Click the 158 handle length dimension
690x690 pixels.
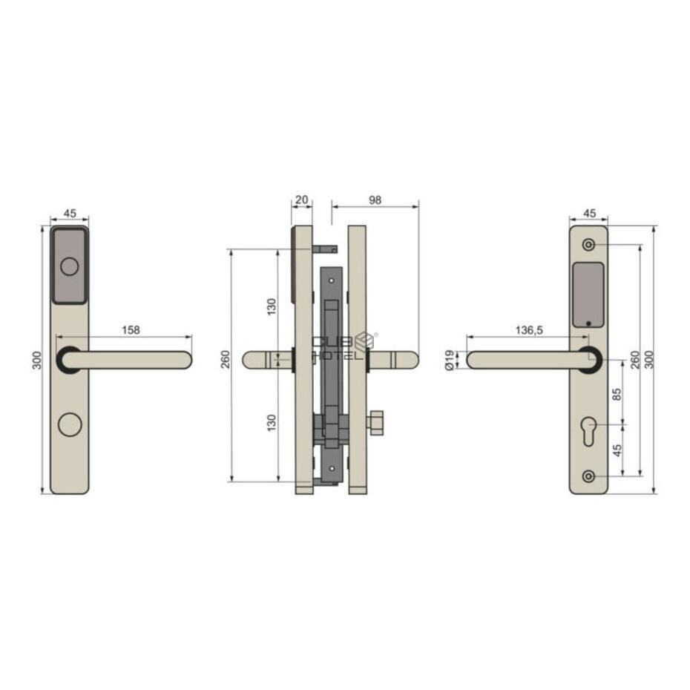pyautogui.click(x=131, y=329)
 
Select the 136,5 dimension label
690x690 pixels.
pyautogui.click(x=530, y=329)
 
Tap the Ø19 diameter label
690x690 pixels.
pyautogui.click(x=450, y=360)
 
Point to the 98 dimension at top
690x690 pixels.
pyautogui.click(x=375, y=200)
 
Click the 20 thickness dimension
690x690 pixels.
pyautogui.click(x=301, y=200)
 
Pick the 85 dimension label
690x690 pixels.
pyautogui.click(x=617, y=394)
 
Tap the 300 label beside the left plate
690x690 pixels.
pyautogui.click(x=37, y=360)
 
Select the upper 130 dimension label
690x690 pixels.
pyautogui.click(x=272, y=306)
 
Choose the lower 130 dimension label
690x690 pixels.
pyautogui.click(x=272, y=422)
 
